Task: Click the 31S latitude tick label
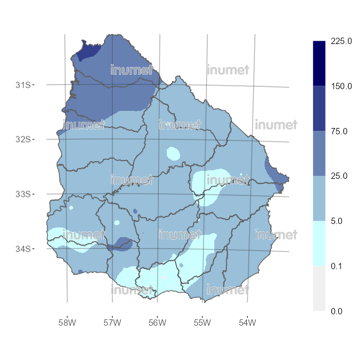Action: (23, 85)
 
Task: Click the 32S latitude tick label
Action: (23, 139)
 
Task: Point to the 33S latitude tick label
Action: (23, 194)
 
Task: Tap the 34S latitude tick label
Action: (23, 249)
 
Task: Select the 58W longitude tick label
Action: (67, 323)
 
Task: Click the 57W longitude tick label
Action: (112, 323)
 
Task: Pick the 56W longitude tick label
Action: (157, 323)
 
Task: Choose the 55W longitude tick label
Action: (202, 323)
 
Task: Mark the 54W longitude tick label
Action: (247, 323)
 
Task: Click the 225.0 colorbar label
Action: (341, 41)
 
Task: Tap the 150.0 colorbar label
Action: (341, 86)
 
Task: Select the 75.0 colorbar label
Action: (339, 131)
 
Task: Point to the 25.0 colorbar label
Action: (339, 176)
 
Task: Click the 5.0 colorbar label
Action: (337, 221)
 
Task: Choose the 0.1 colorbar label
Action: (337, 266)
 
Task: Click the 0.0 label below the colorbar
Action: (337, 311)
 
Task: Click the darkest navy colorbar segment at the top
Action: (319, 63)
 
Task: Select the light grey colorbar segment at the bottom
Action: (319, 289)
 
